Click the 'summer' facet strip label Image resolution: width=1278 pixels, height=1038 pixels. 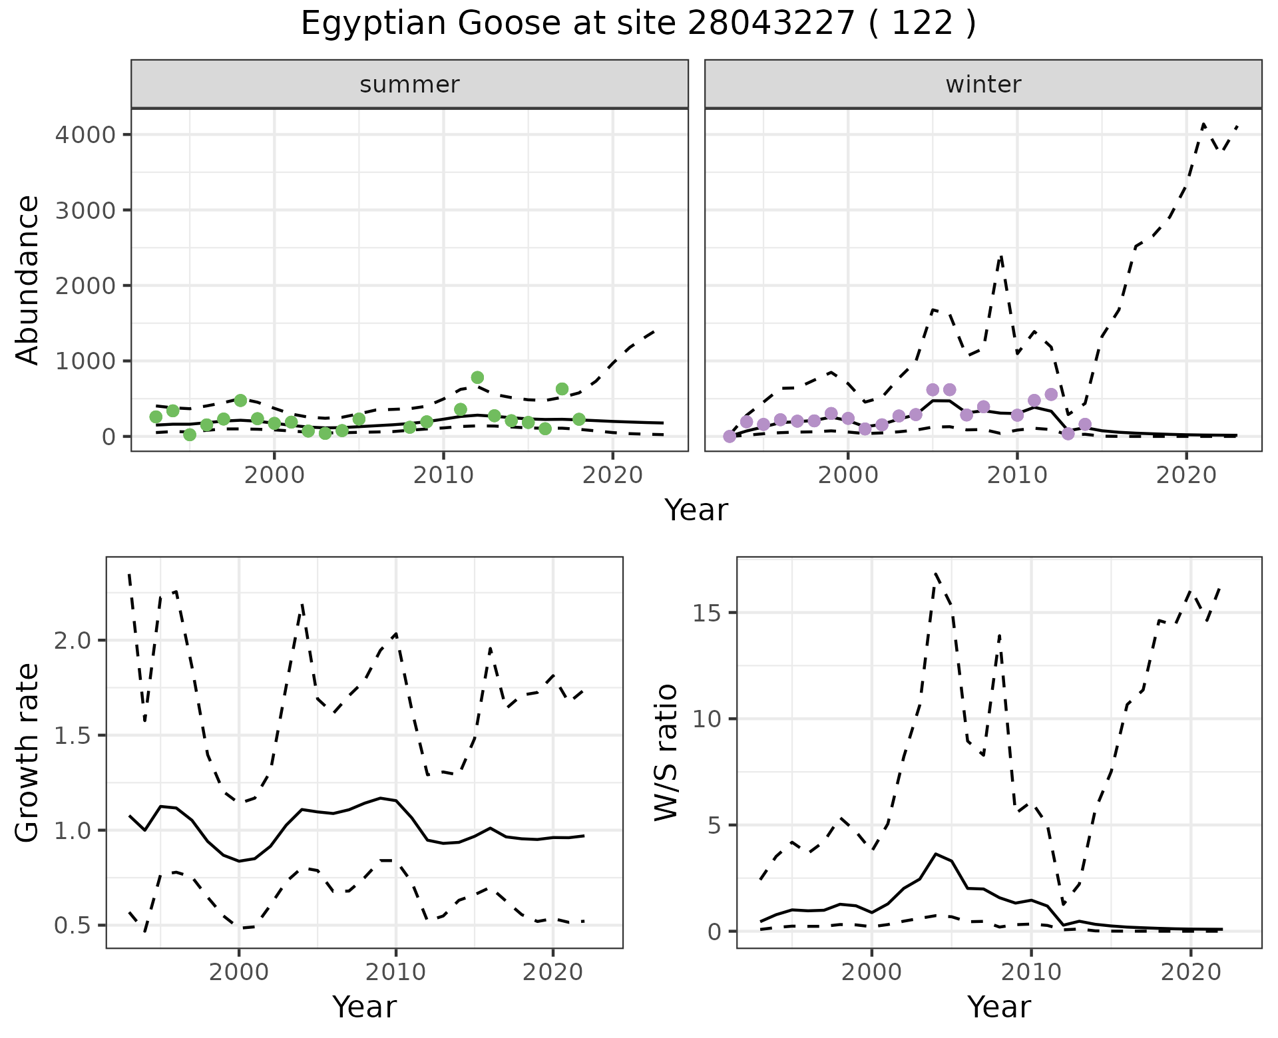pyautogui.click(x=409, y=85)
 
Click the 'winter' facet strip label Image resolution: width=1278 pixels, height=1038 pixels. pyautogui.click(x=983, y=85)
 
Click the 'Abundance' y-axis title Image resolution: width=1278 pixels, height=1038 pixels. pyautogui.click(x=27, y=280)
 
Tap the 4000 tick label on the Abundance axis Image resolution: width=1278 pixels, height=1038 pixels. pyautogui.click(x=85, y=135)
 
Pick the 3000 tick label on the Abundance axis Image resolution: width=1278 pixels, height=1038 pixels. pyautogui.click(x=85, y=210)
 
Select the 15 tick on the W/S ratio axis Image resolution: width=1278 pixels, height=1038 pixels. pyautogui.click(x=708, y=613)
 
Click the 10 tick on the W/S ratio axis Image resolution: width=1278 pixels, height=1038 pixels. pyautogui.click(x=708, y=719)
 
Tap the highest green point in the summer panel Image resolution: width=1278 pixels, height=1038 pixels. pyautogui.click(x=477, y=377)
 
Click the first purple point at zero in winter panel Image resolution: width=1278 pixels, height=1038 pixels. pyautogui.click(x=730, y=436)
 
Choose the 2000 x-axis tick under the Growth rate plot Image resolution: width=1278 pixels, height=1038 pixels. pyautogui.click(x=238, y=972)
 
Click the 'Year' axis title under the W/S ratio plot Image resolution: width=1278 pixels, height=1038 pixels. pyautogui.click(x=998, y=1007)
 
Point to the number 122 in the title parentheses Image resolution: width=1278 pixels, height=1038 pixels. pyautogui.click(x=922, y=24)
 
